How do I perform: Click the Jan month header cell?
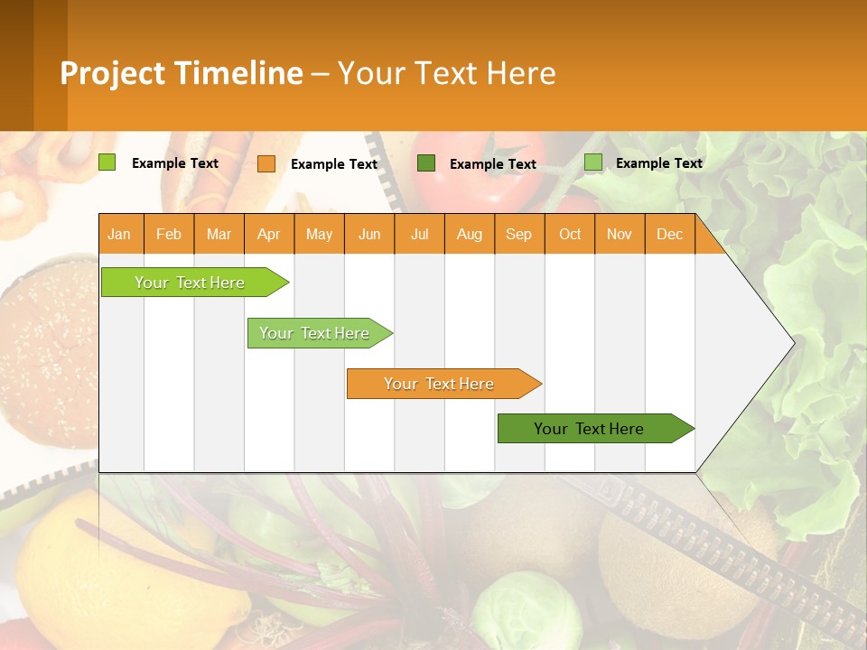click(x=120, y=234)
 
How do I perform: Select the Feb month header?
click(x=169, y=234)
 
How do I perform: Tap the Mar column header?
click(x=219, y=234)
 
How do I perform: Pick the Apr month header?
click(x=269, y=234)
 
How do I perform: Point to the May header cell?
click(x=319, y=234)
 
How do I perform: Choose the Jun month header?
click(x=369, y=234)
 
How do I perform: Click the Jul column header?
click(x=419, y=234)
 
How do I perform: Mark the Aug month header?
click(x=470, y=234)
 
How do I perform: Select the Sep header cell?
click(x=519, y=234)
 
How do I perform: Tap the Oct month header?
click(x=570, y=234)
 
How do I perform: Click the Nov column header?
click(x=620, y=234)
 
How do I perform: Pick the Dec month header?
click(x=670, y=234)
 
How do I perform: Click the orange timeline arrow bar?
click(x=440, y=384)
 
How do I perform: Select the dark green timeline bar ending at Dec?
click(x=590, y=429)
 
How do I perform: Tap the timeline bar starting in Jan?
click(x=191, y=283)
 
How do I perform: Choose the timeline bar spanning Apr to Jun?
click(x=315, y=333)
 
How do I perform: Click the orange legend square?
click(x=266, y=163)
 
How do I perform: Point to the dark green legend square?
click(x=426, y=162)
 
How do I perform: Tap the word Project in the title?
click(x=112, y=73)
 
